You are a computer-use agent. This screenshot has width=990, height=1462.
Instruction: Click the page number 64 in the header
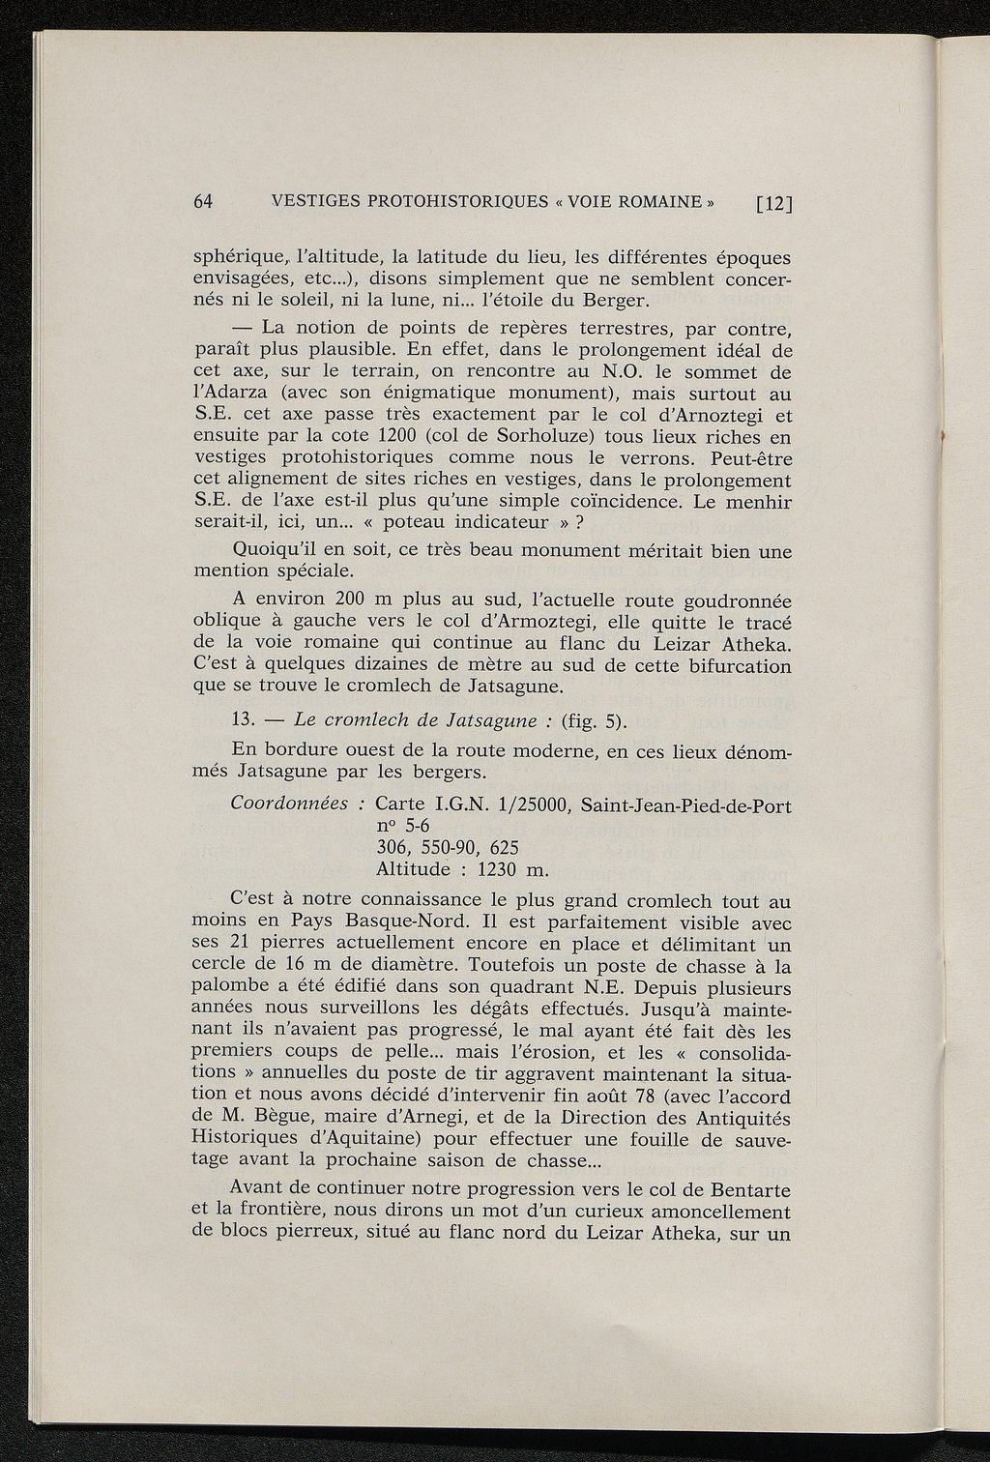(x=203, y=202)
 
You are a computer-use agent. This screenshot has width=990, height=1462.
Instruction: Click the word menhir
(x=756, y=502)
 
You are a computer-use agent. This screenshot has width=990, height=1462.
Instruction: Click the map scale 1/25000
(x=535, y=804)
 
